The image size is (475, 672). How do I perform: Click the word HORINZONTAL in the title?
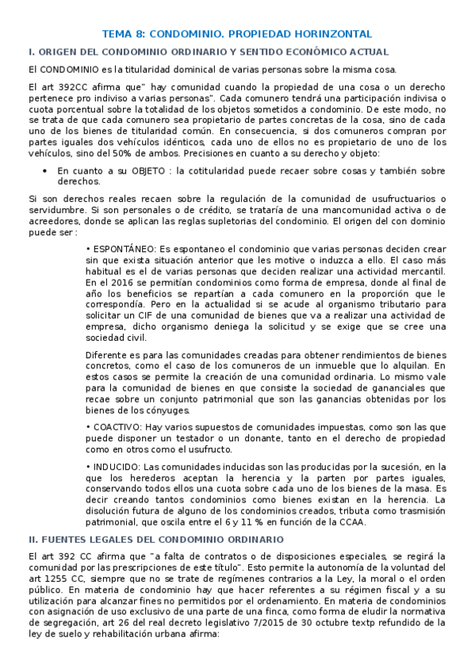[327, 34]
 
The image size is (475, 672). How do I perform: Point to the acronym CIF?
[141, 315]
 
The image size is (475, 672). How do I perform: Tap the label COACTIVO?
[121, 426]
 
